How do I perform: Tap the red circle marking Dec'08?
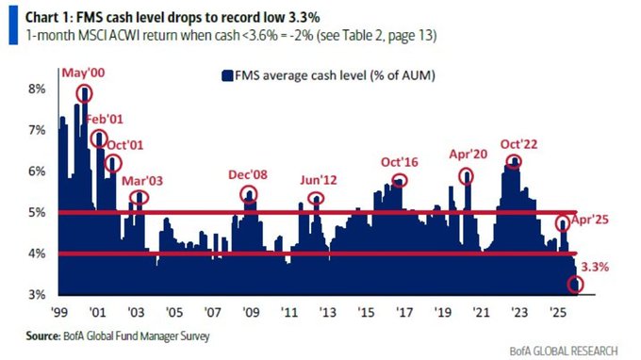point(249,194)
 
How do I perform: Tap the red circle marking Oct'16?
point(400,180)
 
